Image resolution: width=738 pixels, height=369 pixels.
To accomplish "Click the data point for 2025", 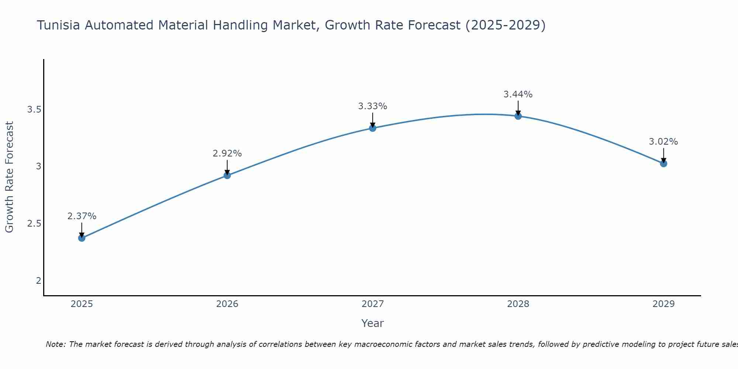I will click(82, 238).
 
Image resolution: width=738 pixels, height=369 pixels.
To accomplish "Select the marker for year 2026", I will click(227, 175).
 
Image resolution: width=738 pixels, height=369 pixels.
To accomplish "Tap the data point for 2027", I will click(373, 128).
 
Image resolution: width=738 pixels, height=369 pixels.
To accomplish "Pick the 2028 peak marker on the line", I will click(518, 116).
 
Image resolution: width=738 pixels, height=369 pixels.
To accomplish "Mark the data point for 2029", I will click(663, 163).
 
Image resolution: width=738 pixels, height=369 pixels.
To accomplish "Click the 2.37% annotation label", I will click(82, 216).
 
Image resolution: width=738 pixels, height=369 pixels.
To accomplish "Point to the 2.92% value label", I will click(227, 154).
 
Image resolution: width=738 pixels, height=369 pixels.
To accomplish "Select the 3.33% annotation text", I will click(373, 106).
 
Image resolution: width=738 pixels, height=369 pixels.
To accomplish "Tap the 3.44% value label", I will click(518, 94).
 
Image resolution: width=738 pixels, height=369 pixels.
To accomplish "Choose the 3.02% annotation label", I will click(663, 142).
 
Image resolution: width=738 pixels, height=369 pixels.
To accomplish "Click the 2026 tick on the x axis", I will click(227, 304).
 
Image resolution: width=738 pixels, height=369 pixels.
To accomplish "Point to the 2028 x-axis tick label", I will click(518, 304).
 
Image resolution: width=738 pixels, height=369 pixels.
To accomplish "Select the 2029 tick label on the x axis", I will click(663, 304).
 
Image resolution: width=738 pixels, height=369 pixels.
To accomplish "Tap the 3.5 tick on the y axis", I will click(34, 110).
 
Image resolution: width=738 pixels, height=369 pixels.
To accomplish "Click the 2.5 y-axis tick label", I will click(34, 224).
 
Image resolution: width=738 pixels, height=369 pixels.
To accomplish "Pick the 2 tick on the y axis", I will click(38, 281).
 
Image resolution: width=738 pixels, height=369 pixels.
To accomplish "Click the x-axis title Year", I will click(373, 323).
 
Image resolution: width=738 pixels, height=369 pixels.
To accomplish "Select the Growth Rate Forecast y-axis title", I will click(9, 177).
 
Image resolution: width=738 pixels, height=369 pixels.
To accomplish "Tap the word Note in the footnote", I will click(55, 344).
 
